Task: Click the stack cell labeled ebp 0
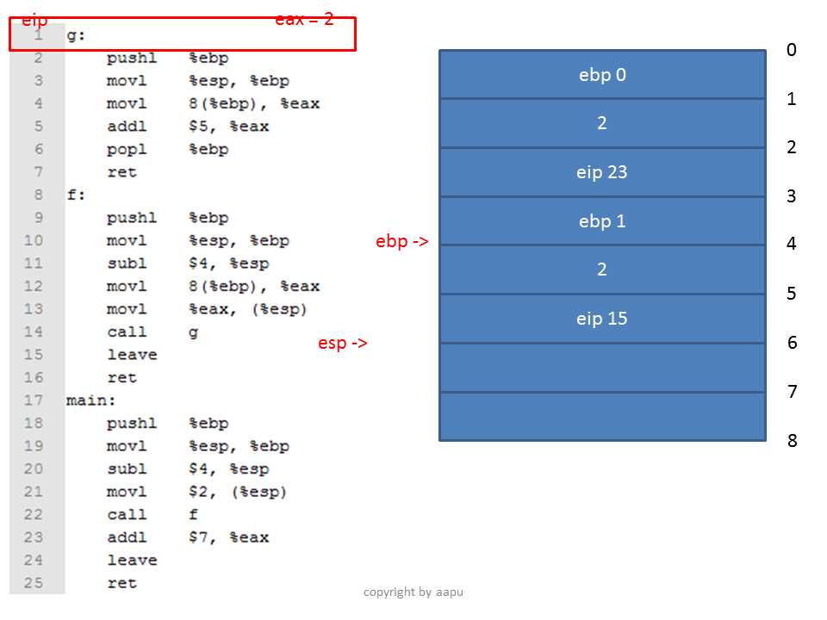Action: [602, 74]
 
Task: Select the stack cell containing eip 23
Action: [602, 172]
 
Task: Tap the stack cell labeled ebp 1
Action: [602, 221]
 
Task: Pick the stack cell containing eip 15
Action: [602, 319]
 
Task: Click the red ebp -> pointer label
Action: [402, 241]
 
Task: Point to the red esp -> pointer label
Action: [342, 344]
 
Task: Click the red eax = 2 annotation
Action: [304, 20]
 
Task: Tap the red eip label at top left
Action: [34, 21]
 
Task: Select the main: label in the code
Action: [90, 400]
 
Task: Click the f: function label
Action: [76, 195]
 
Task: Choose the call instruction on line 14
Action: [127, 332]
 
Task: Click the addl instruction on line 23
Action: [127, 537]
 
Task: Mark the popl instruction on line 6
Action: [127, 149]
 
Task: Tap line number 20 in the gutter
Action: [33, 468]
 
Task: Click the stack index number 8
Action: [793, 440]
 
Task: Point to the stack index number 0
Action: [792, 50]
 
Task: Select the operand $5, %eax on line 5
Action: [229, 127]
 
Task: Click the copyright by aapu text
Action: [413, 592]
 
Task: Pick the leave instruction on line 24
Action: [132, 560]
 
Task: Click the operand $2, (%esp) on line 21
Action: [238, 492]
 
